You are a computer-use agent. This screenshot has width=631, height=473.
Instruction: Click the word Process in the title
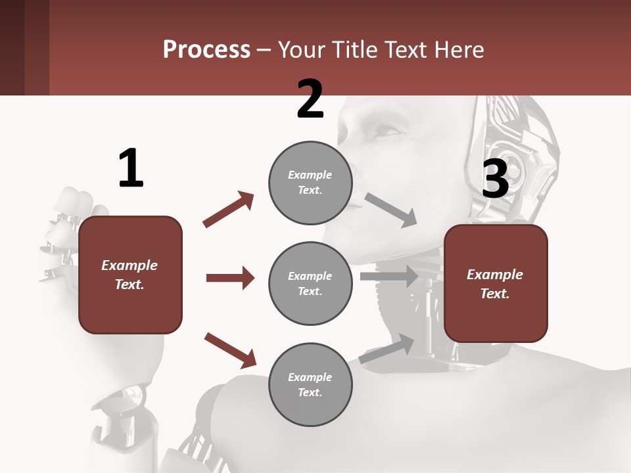coord(206,49)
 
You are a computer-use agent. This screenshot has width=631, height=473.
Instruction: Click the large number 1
coord(131,168)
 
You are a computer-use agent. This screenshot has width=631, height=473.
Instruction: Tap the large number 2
coord(310,99)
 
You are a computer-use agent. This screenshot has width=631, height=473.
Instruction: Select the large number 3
coord(495,179)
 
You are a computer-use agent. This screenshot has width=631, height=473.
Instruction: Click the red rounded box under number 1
coord(130,275)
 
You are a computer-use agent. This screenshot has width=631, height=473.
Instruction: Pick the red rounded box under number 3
coord(496,284)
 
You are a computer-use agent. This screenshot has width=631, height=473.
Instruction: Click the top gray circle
coord(310,183)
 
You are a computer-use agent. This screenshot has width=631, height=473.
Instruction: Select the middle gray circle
coord(310,283)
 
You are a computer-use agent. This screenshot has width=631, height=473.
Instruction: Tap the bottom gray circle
coord(310,384)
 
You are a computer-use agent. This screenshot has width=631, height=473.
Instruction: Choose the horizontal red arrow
coord(230,278)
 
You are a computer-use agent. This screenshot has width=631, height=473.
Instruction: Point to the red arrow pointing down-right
coord(230,350)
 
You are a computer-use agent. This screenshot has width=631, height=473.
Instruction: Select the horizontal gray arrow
coord(389,276)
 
